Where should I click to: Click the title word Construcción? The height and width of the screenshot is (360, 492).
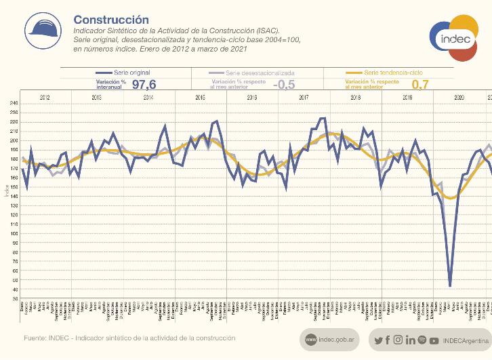coord(110,20)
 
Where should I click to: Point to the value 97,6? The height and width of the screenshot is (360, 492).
coord(144,84)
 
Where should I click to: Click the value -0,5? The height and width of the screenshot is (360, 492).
coord(283,84)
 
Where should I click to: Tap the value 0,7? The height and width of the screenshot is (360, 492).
coord(420,84)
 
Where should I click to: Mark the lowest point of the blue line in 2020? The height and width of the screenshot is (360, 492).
coord(450,285)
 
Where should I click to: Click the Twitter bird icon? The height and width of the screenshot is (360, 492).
coord(378,339)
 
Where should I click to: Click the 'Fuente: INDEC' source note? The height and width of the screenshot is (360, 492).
coord(129,338)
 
